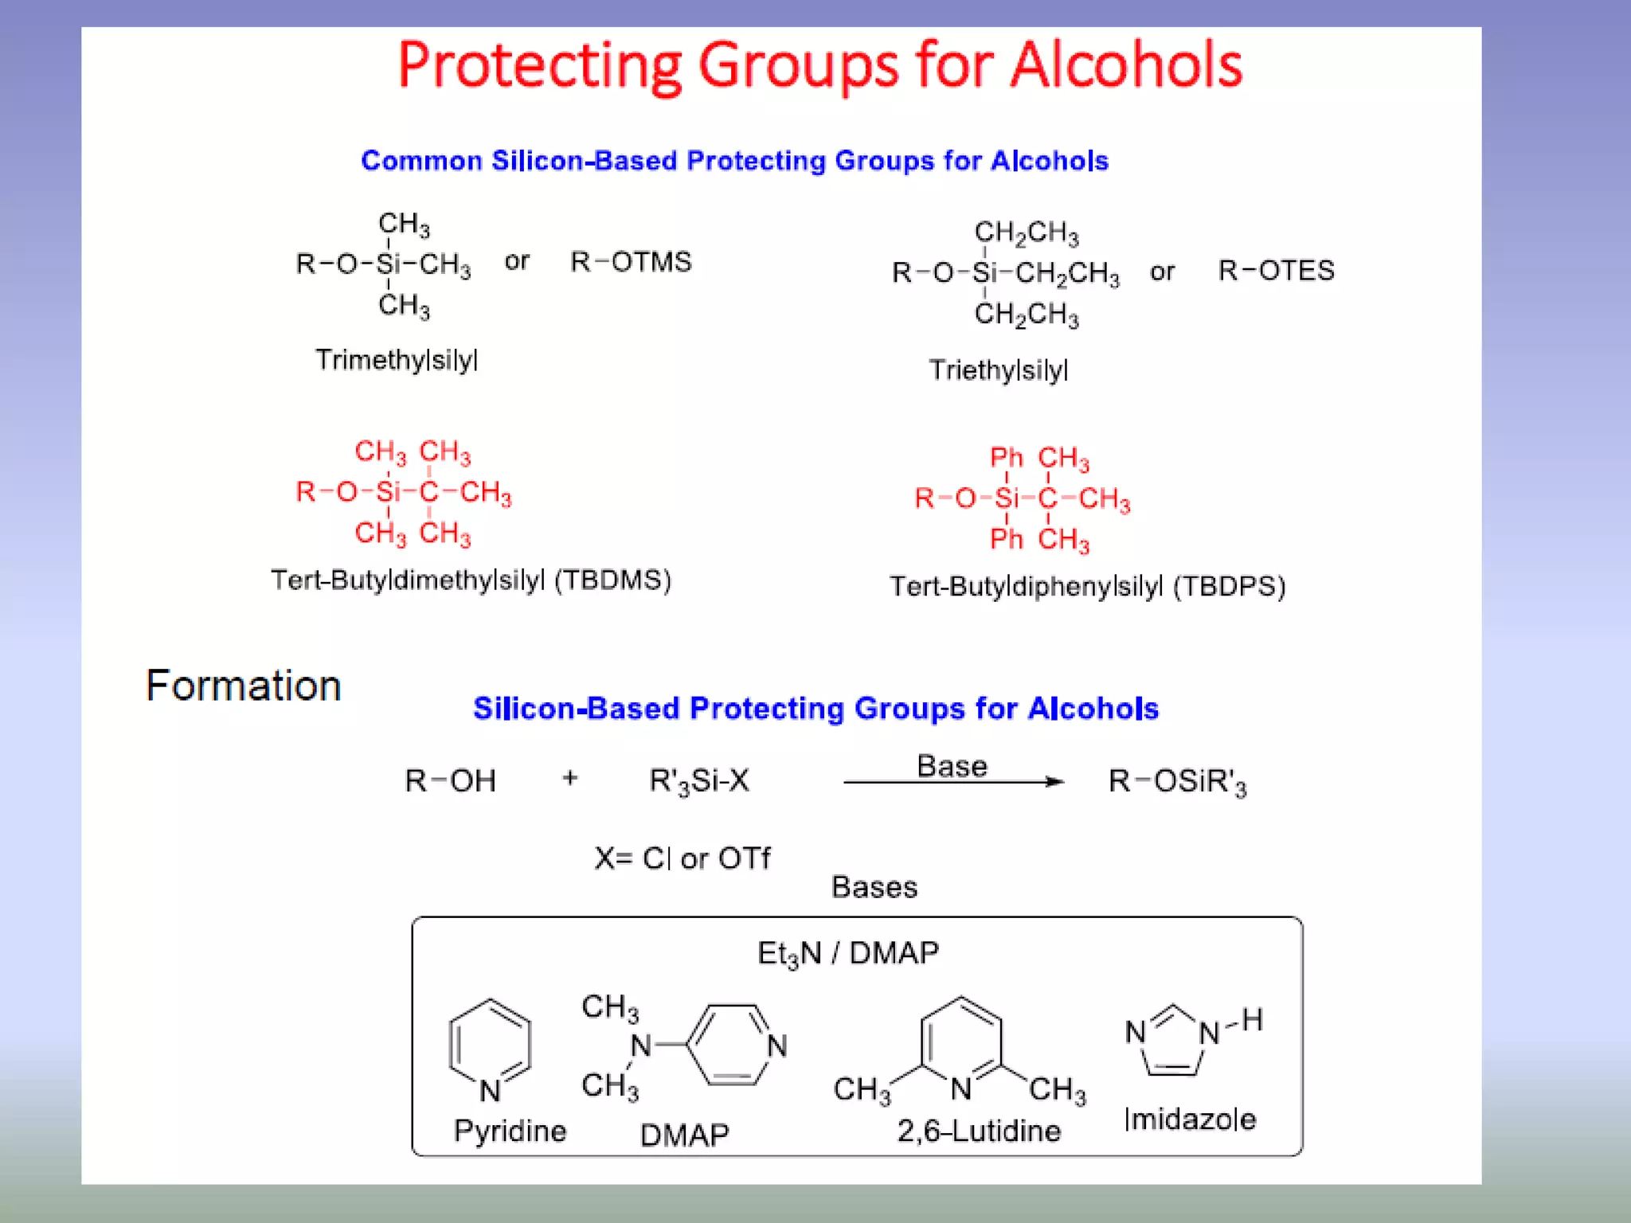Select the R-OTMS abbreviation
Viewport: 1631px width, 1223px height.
click(x=631, y=262)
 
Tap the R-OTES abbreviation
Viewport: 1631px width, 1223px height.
click(x=1276, y=271)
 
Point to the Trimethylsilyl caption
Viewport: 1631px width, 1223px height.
click(x=397, y=360)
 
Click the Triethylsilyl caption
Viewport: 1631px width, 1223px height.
click(x=998, y=370)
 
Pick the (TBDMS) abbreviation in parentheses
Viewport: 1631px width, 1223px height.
click(x=612, y=580)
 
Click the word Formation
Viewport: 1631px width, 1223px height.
click(x=244, y=686)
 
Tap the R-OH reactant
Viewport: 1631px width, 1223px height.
click(x=450, y=781)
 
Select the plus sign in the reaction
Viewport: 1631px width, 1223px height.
click(x=569, y=778)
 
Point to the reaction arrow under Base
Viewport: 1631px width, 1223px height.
click(x=953, y=782)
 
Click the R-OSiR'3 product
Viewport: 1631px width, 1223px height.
click(x=1177, y=782)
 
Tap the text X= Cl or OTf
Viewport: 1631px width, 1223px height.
click(x=683, y=858)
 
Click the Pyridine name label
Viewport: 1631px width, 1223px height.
click(x=510, y=1131)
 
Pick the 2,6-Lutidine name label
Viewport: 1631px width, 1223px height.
click(x=979, y=1131)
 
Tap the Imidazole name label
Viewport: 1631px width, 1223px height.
click(x=1190, y=1119)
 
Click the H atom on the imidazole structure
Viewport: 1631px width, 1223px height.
click(x=1252, y=1019)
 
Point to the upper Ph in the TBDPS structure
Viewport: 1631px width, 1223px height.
click(x=1006, y=457)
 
